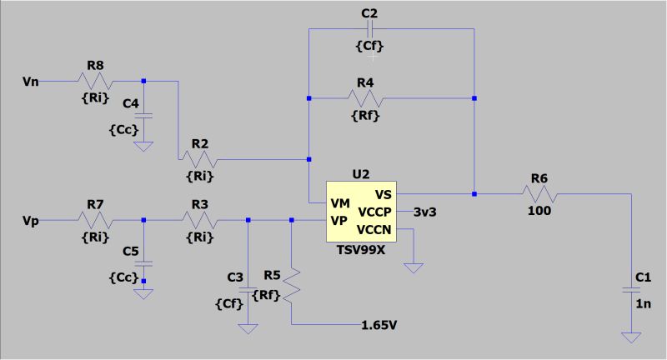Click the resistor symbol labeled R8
click(94, 81)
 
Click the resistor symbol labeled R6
click(539, 193)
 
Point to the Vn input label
click(30, 81)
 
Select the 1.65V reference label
click(379, 323)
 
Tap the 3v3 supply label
click(425, 212)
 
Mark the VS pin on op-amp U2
click(384, 193)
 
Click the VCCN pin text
click(374, 229)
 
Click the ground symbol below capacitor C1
click(630, 337)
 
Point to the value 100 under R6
click(539, 211)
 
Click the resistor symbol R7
click(94, 220)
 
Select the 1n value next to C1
click(643, 305)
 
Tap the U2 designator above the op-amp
click(361, 174)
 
